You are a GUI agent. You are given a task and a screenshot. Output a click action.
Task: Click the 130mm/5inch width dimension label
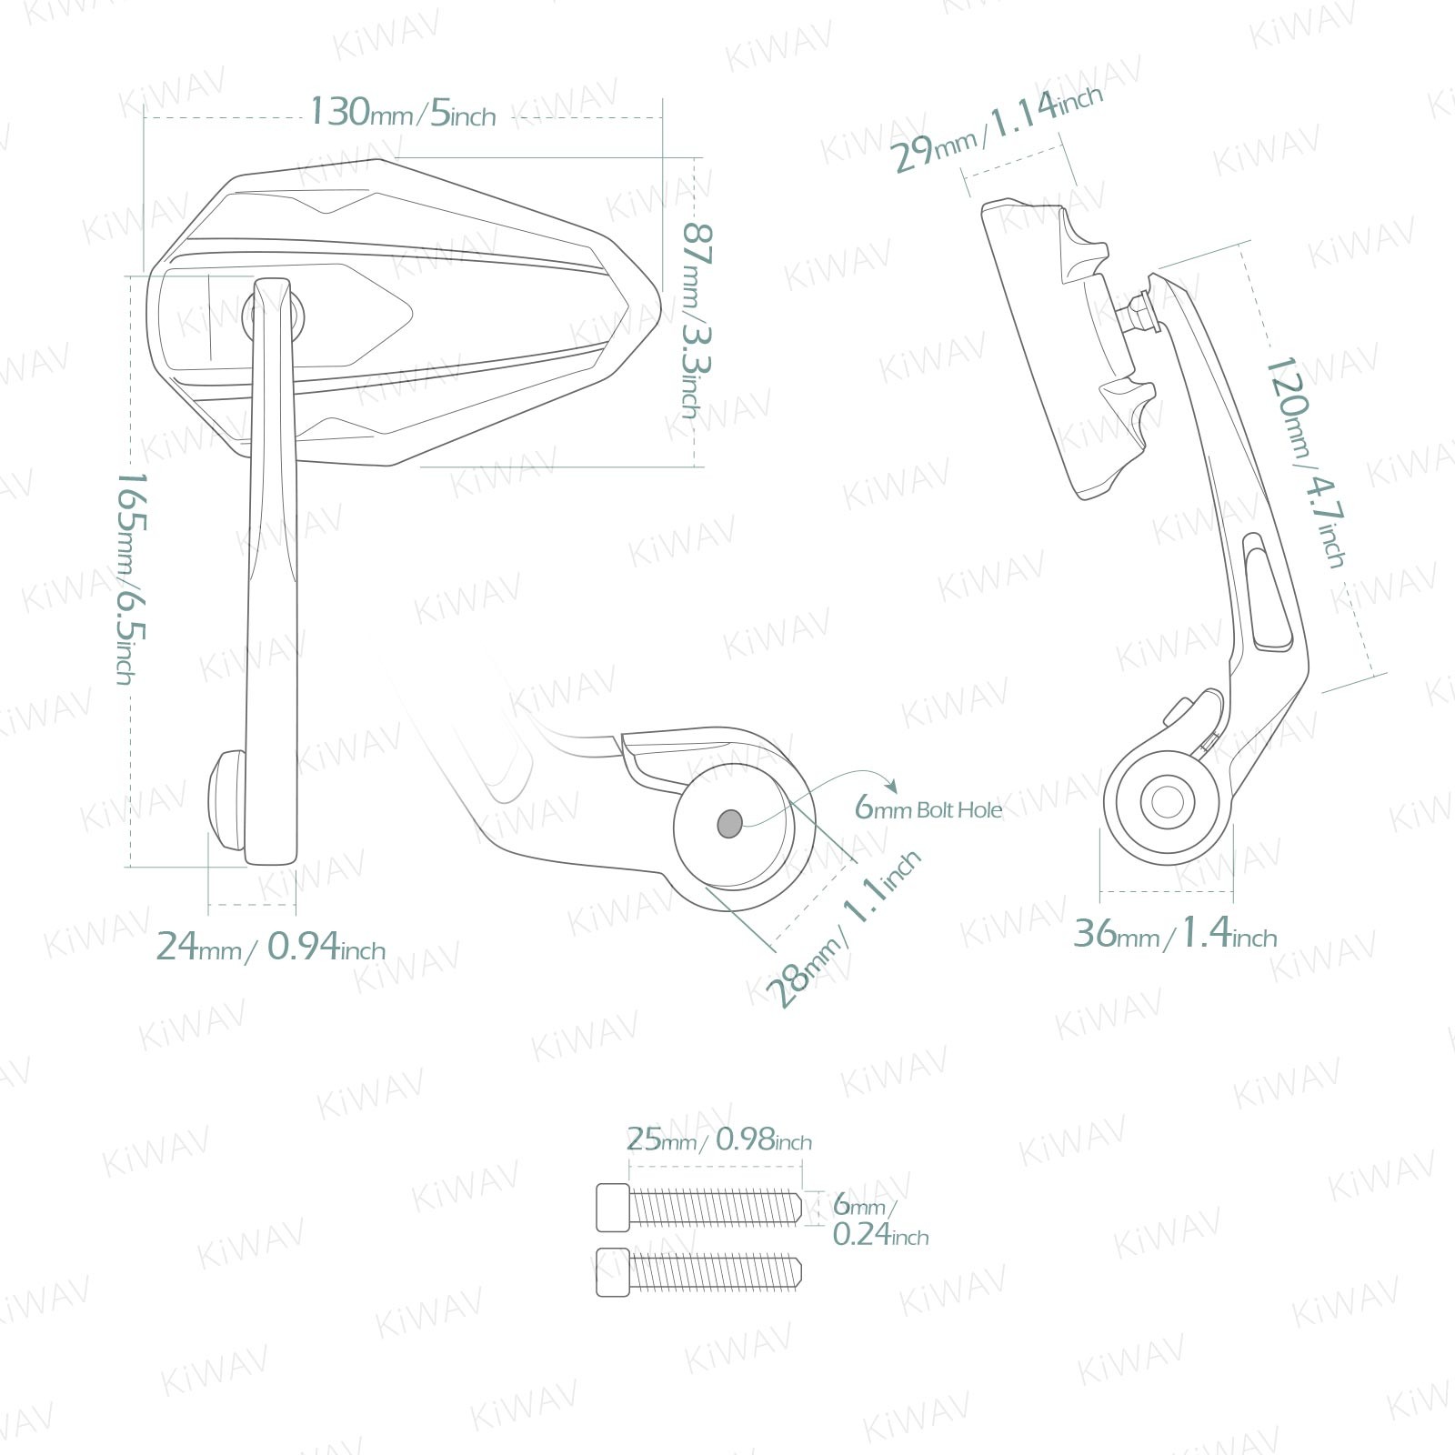point(403,113)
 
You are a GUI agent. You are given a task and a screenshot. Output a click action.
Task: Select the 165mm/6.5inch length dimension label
point(130,577)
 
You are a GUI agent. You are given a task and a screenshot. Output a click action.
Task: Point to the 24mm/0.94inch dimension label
point(271,947)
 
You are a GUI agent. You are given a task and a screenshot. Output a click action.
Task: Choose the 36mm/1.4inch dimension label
point(1175,934)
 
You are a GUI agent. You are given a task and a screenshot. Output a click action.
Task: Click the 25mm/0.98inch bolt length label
point(718,1139)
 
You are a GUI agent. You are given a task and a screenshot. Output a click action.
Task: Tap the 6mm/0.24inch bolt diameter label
point(878,1219)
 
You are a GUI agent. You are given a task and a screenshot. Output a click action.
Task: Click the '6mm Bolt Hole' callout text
point(928,808)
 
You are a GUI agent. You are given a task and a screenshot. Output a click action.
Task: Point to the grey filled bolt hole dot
point(729,824)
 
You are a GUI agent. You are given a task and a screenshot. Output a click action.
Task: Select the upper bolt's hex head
point(612,1208)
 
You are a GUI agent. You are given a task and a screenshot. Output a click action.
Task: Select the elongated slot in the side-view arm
point(1268,592)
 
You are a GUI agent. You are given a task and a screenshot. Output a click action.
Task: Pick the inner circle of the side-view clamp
point(1167,802)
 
